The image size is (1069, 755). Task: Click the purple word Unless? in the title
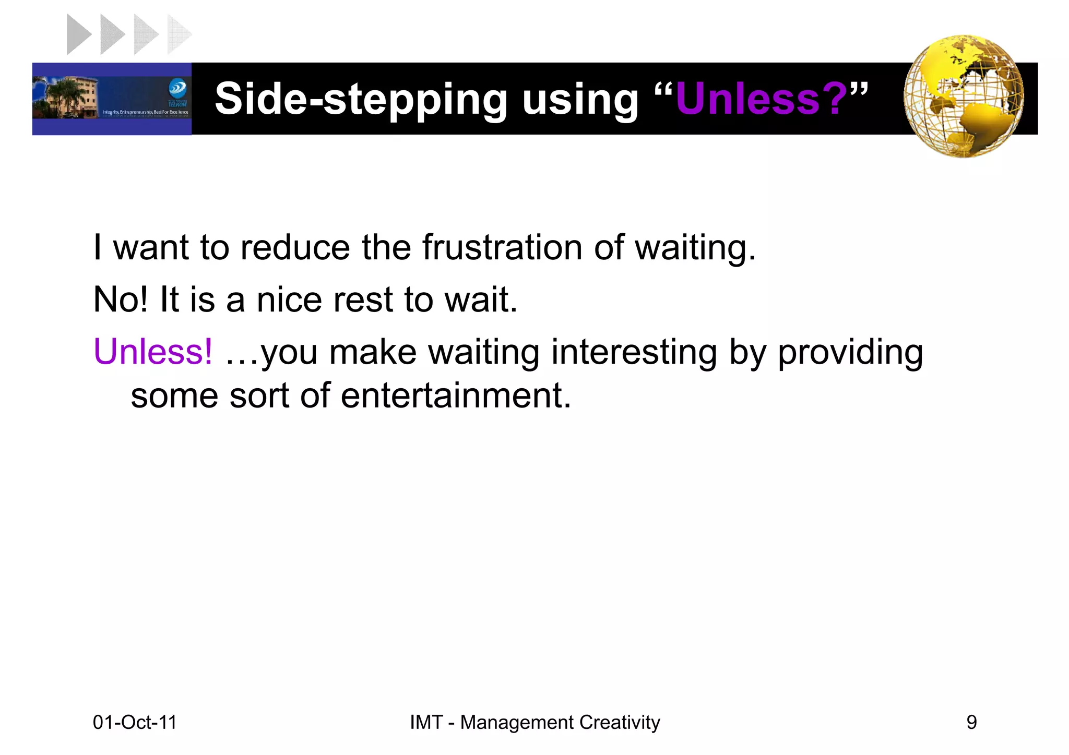[761, 98]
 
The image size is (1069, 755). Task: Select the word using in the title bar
[580, 99]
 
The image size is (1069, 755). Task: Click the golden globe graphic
[964, 97]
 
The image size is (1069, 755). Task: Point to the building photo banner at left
[112, 99]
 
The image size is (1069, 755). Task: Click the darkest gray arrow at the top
[78, 34]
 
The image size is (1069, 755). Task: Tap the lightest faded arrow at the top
[177, 34]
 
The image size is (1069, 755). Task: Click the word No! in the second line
[120, 299]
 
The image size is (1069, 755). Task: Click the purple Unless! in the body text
[153, 352]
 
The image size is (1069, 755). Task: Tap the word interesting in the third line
[634, 352]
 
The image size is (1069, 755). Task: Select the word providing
[850, 353]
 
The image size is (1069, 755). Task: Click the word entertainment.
[456, 395]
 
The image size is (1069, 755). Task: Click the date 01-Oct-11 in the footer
[135, 723]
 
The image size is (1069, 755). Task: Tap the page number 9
[971, 723]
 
